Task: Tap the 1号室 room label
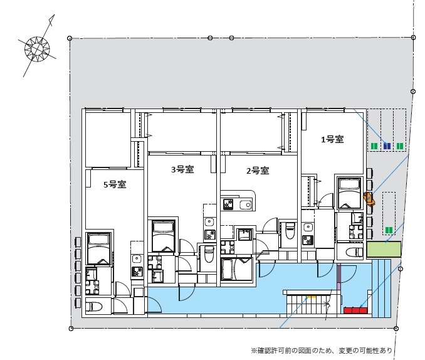point(332,140)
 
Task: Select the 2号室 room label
point(257,171)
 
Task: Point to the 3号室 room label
point(181,169)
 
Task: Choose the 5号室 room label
point(115,184)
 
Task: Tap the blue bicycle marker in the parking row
point(387,146)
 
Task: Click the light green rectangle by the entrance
point(384,248)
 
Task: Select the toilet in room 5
point(95,307)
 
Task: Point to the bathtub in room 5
point(98,248)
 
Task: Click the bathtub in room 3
point(162,235)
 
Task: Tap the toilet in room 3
point(209,253)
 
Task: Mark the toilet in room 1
point(354,252)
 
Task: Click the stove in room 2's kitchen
point(228,204)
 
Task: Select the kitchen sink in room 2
point(244,204)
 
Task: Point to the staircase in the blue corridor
point(307,304)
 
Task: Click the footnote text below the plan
point(322,350)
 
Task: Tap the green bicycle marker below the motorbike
point(389,230)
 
